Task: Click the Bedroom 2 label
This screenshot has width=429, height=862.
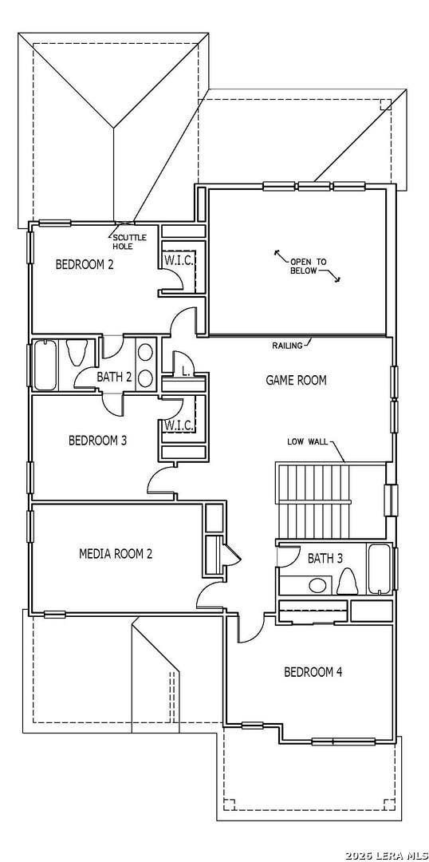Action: pos(85,264)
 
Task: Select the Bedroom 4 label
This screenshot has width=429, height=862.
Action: pos(313,672)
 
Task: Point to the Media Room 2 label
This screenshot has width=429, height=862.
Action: pos(116,554)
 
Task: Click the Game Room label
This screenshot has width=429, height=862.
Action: pos(296,380)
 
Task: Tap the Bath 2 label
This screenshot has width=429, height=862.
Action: pos(114,377)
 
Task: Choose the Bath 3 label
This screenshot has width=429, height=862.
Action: pos(325,559)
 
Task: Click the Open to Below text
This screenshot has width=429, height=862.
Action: pos(308,266)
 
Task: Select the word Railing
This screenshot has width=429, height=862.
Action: pos(287,346)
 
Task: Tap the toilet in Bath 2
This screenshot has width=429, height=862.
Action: pos(76,353)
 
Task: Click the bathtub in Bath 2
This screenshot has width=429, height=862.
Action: pos(45,365)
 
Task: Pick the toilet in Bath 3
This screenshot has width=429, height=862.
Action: pos(346,581)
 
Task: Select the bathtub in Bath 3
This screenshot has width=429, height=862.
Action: pos(380,570)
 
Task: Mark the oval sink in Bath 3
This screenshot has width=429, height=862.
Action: pos(317,585)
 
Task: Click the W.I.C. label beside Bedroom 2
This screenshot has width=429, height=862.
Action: pos(178,260)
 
